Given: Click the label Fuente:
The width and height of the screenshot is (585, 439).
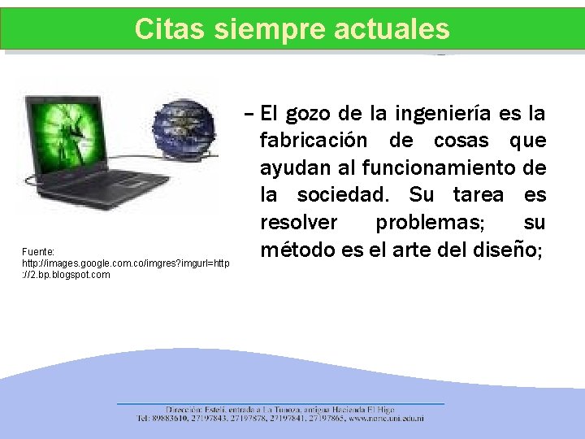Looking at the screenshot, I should click(x=38, y=253).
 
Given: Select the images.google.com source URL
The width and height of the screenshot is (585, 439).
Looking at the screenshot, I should click(x=126, y=263).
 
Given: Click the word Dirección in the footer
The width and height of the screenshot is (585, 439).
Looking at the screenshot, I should click(x=184, y=410).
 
